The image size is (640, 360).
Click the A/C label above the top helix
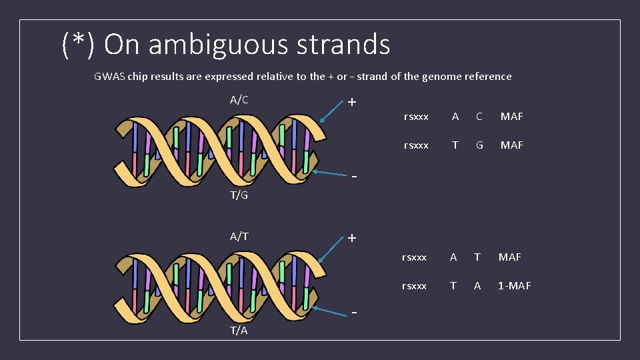pyautogui.click(x=239, y=100)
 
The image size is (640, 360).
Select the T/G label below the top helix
pyautogui.click(x=239, y=195)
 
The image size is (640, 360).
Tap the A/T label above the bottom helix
pyautogui.click(x=239, y=236)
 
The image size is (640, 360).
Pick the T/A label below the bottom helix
pyautogui.click(x=239, y=331)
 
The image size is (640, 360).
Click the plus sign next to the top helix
pyautogui.click(x=352, y=103)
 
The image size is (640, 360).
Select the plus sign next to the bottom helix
pyautogui.click(x=352, y=238)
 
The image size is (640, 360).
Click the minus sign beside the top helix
pyautogui.click(x=355, y=177)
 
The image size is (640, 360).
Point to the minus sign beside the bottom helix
pyautogui.click(x=355, y=312)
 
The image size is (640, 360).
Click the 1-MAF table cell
pyautogui.click(x=515, y=285)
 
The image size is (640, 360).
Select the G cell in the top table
pyautogui.click(x=479, y=145)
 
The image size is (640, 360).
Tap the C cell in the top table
pyautogui.click(x=479, y=117)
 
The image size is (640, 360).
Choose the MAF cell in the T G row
pyautogui.click(x=512, y=145)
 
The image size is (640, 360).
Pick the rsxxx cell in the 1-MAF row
pyautogui.click(x=414, y=285)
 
